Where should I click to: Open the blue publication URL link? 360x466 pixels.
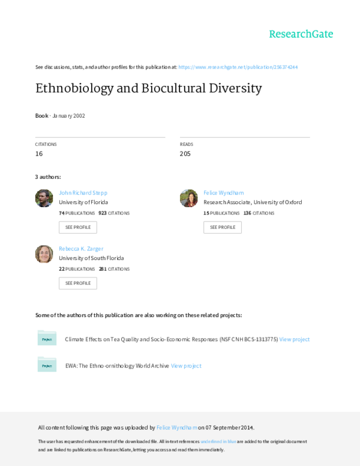coord(238,67)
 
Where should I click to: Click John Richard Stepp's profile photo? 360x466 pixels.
coord(44,198)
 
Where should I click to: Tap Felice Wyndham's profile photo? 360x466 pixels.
coord(188,198)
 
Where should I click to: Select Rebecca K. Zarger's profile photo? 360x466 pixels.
coord(44,253)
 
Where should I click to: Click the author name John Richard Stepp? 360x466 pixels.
coord(83,193)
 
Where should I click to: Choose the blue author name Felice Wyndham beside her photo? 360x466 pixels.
coord(224,193)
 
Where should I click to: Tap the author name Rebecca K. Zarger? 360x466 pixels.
coord(82,248)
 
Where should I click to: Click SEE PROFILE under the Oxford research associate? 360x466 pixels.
coord(223,227)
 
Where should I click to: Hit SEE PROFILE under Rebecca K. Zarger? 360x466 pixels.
coord(77,283)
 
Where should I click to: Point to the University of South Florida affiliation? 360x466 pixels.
coord(91,258)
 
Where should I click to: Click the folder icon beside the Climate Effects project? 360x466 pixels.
coord(47,339)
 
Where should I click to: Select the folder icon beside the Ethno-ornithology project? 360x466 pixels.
coord(47,365)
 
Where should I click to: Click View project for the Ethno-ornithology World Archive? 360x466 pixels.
coord(187,365)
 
